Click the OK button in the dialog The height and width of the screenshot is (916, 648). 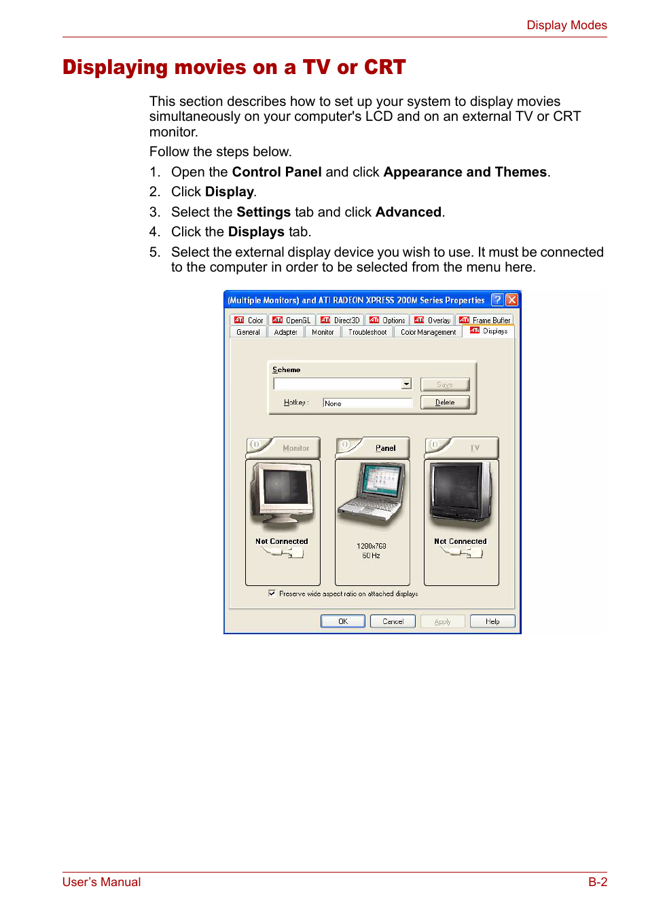click(x=342, y=621)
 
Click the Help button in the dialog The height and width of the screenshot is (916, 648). click(x=492, y=621)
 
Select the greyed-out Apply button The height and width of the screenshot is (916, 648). click(x=442, y=621)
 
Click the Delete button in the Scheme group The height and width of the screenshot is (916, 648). click(x=445, y=403)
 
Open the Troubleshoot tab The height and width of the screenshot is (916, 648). click(x=367, y=332)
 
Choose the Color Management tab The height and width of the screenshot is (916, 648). click(x=428, y=332)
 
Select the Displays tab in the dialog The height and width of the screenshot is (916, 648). click(x=489, y=331)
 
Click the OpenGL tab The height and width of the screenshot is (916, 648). click(x=291, y=320)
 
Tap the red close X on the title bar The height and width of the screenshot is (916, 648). click(x=512, y=299)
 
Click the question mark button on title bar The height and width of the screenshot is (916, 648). click(x=497, y=299)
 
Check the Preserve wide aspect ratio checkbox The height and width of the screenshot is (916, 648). click(x=272, y=593)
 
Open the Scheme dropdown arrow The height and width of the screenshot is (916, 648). click(x=406, y=384)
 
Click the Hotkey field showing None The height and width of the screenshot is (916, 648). click(x=367, y=403)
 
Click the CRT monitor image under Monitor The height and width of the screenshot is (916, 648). click(x=283, y=494)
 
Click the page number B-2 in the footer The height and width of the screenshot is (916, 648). click(x=597, y=882)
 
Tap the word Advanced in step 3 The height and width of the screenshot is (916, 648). click(x=408, y=212)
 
